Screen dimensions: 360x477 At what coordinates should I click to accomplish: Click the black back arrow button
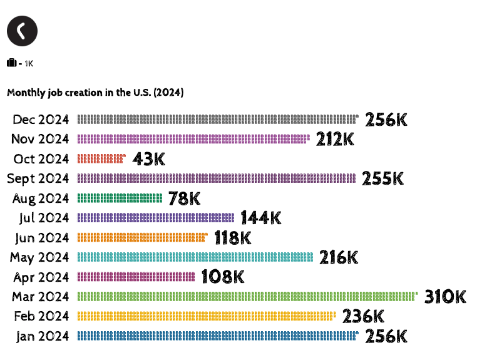pos(22,31)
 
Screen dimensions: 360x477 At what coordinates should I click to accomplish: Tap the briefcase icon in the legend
pos(11,63)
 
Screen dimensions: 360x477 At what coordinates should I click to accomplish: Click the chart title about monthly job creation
pos(95,93)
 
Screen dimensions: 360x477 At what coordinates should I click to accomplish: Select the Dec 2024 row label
pos(41,120)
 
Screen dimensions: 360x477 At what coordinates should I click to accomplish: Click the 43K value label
pos(149,159)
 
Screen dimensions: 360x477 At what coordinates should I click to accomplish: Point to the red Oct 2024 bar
pos(101,159)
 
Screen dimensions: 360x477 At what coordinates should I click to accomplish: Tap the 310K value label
pos(445,297)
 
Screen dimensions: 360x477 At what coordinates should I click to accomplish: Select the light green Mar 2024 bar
pos(247,297)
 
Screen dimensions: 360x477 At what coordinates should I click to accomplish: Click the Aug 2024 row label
pos(41,198)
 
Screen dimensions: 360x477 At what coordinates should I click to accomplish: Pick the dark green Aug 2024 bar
pos(120,198)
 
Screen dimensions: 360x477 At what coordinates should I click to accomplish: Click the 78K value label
pos(185,198)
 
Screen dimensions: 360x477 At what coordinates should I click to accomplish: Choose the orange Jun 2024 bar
pos(142,238)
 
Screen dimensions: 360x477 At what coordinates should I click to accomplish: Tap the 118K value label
pos(233,238)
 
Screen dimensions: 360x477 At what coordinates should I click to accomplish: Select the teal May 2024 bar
pos(195,257)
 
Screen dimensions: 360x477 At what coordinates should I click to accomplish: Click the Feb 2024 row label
pos(41,316)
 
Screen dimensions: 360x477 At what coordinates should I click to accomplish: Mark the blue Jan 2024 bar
pos(217,336)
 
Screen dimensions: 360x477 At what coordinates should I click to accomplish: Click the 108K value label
pos(222,277)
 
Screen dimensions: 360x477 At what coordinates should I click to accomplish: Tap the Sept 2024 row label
pos(38,178)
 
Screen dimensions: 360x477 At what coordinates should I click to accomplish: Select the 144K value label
pos(261,218)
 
